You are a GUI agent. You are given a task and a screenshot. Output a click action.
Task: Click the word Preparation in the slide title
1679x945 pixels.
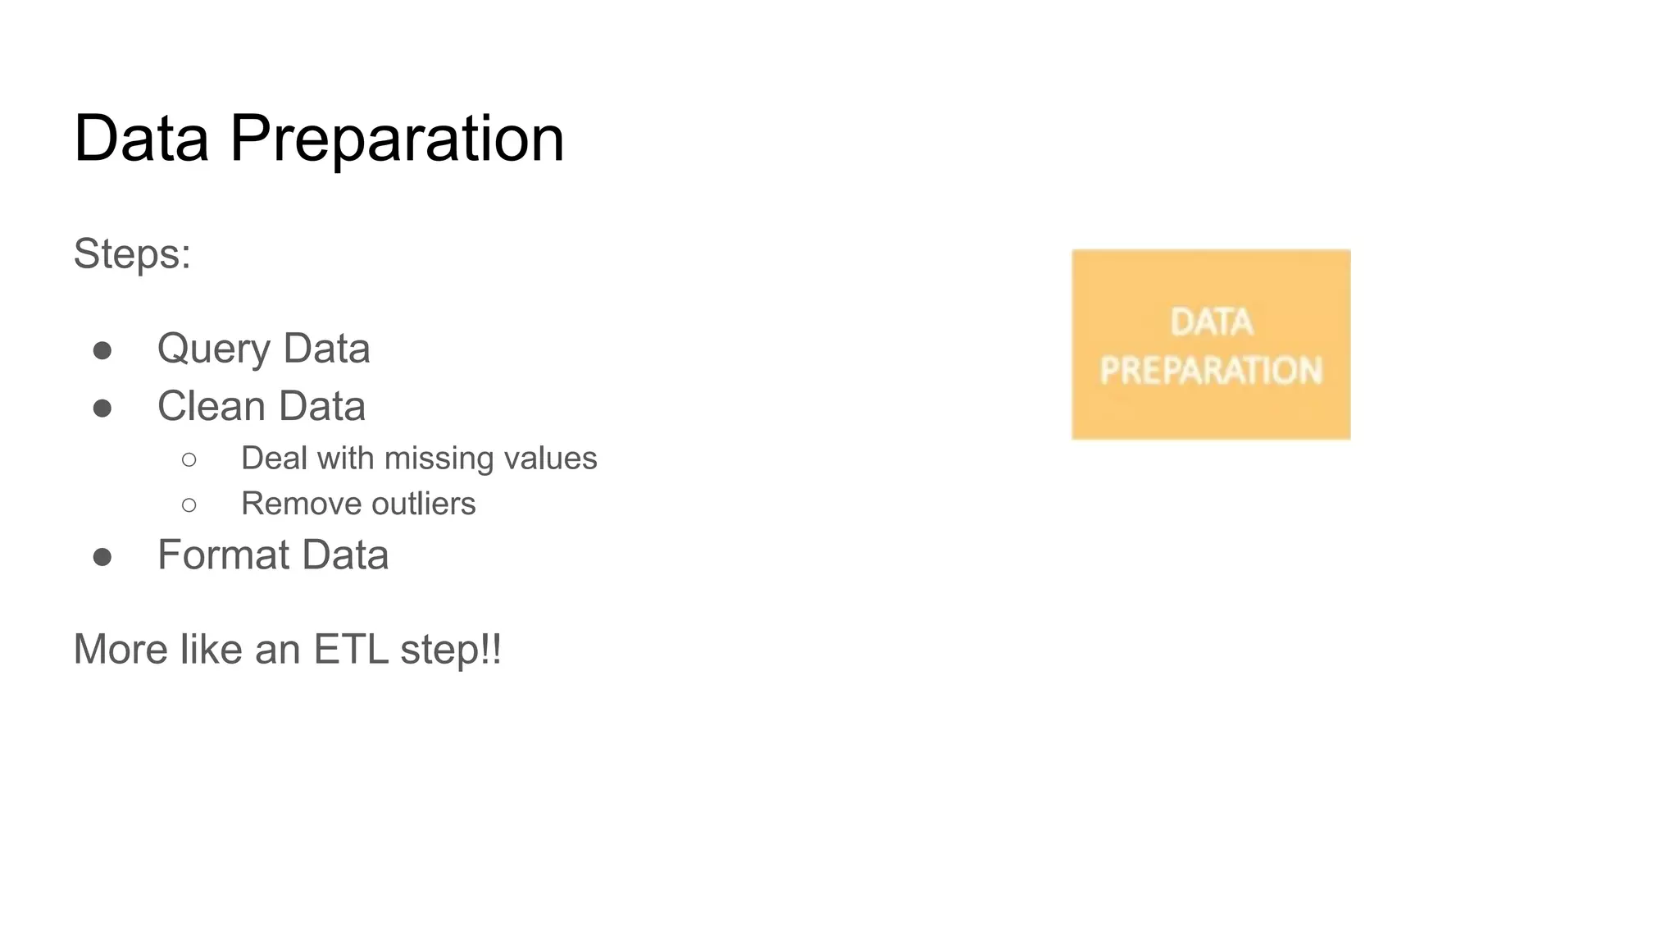point(397,139)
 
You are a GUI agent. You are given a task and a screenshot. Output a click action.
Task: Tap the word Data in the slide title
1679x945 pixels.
point(141,139)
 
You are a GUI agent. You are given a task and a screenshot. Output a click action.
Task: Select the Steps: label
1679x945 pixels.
point(132,253)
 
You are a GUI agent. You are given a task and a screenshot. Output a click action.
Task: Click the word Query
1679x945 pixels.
point(213,349)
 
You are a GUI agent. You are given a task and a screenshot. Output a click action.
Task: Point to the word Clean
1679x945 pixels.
point(211,406)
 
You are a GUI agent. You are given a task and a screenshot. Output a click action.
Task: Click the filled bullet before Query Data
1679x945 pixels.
point(102,351)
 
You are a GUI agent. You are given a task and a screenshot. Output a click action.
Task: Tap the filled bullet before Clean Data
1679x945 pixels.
point(102,409)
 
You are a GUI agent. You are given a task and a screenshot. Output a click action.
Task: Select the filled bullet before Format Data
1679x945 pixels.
point(102,558)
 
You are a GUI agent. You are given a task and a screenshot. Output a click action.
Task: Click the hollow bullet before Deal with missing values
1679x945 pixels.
point(189,460)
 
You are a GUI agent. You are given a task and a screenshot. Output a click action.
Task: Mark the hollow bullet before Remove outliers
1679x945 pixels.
point(189,505)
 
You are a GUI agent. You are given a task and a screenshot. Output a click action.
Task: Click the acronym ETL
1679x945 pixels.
point(351,650)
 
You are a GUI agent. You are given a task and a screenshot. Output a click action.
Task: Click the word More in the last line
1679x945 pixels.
point(121,650)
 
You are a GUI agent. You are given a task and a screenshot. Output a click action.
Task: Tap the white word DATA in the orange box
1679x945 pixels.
point(1212,322)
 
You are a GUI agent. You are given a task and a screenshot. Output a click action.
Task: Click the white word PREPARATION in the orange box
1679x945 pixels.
point(1211,371)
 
